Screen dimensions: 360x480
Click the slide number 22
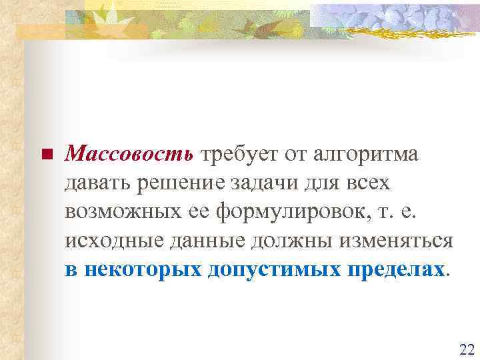tap(466, 349)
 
